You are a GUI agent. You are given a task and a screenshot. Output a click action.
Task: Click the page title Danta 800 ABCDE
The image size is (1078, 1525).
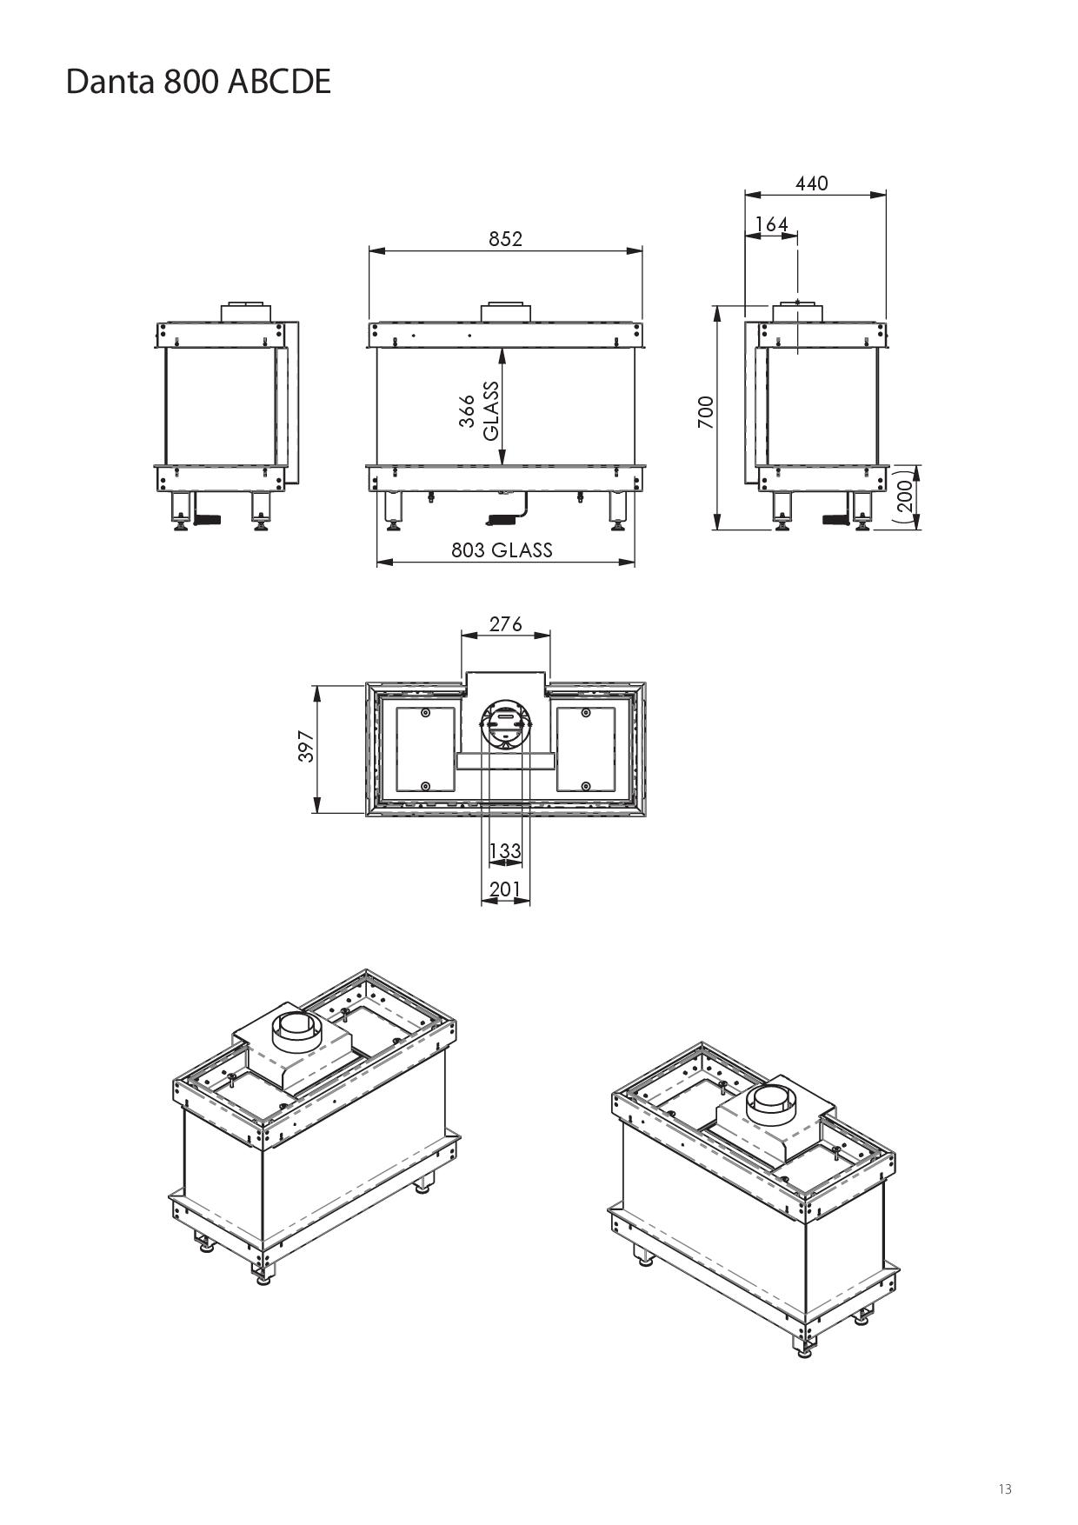pyautogui.click(x=198, y=82)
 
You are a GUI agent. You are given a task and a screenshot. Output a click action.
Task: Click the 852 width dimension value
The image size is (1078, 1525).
pyautogui.click(x=505, y=239)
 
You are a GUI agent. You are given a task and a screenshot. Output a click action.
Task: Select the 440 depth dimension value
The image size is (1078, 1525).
pyautogui.click(x=811, y=183)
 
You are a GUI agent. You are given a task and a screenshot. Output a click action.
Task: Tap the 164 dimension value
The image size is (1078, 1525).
pyautogui.click(x=771, y=224)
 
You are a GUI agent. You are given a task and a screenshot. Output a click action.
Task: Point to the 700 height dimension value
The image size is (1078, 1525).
pyautogui.click(x=705, y=412)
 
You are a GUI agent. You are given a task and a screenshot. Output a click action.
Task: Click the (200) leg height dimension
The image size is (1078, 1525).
pyautogui.click(x=903, y=496)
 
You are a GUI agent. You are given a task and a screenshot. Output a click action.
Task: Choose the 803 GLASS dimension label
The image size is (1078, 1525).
pyautogui.click(x=502, y=549)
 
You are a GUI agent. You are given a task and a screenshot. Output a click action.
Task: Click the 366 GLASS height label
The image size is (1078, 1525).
pyautogui.click(x=479, y=411)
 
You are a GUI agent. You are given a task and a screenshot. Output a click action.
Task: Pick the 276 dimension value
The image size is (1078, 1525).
pyautogui.click(x=505, y=624)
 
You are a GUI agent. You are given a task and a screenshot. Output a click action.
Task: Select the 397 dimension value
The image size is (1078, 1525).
pyautogui.click(x=306, y=747)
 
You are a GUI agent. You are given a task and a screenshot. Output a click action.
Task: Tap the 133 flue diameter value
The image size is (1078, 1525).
pyautogui.click(x=505, y=850)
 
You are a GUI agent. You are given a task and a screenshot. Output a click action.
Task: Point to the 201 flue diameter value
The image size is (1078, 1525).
pyautogui.click(x=505, y=889)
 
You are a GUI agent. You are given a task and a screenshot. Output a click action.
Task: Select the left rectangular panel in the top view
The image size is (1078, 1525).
pyautogui.click(x=425, y=749)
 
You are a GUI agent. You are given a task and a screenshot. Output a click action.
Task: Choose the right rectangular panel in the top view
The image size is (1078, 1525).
pyautogui.click(x=586, y=749)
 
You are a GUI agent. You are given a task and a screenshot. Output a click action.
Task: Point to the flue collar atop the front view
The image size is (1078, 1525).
pyautogui.click(x=505, y=313)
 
